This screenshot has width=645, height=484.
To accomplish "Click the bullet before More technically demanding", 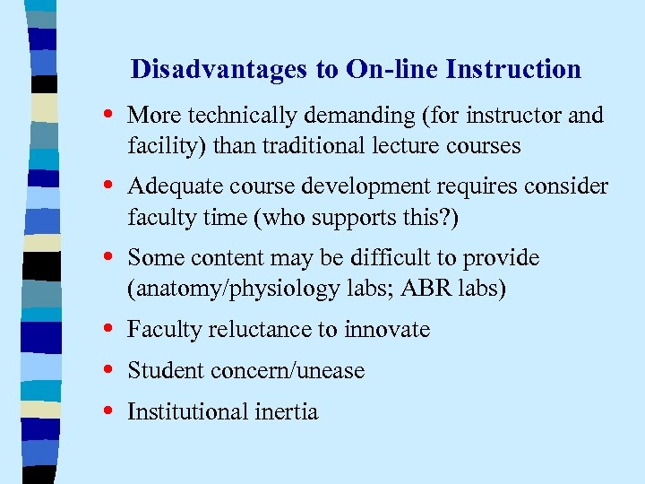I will tap(108, 115).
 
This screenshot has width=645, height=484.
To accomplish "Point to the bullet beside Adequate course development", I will tap(108, 186).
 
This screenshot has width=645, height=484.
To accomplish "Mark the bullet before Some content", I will tap(108, 258).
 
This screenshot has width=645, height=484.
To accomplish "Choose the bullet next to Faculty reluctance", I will tap(108, 330).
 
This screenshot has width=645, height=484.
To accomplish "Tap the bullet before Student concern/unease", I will tap(108, 371).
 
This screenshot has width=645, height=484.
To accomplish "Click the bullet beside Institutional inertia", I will tap(108, 412).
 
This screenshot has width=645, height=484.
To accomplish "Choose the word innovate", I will tap(385, 331).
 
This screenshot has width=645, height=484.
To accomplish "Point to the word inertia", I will tap(289, 412).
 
